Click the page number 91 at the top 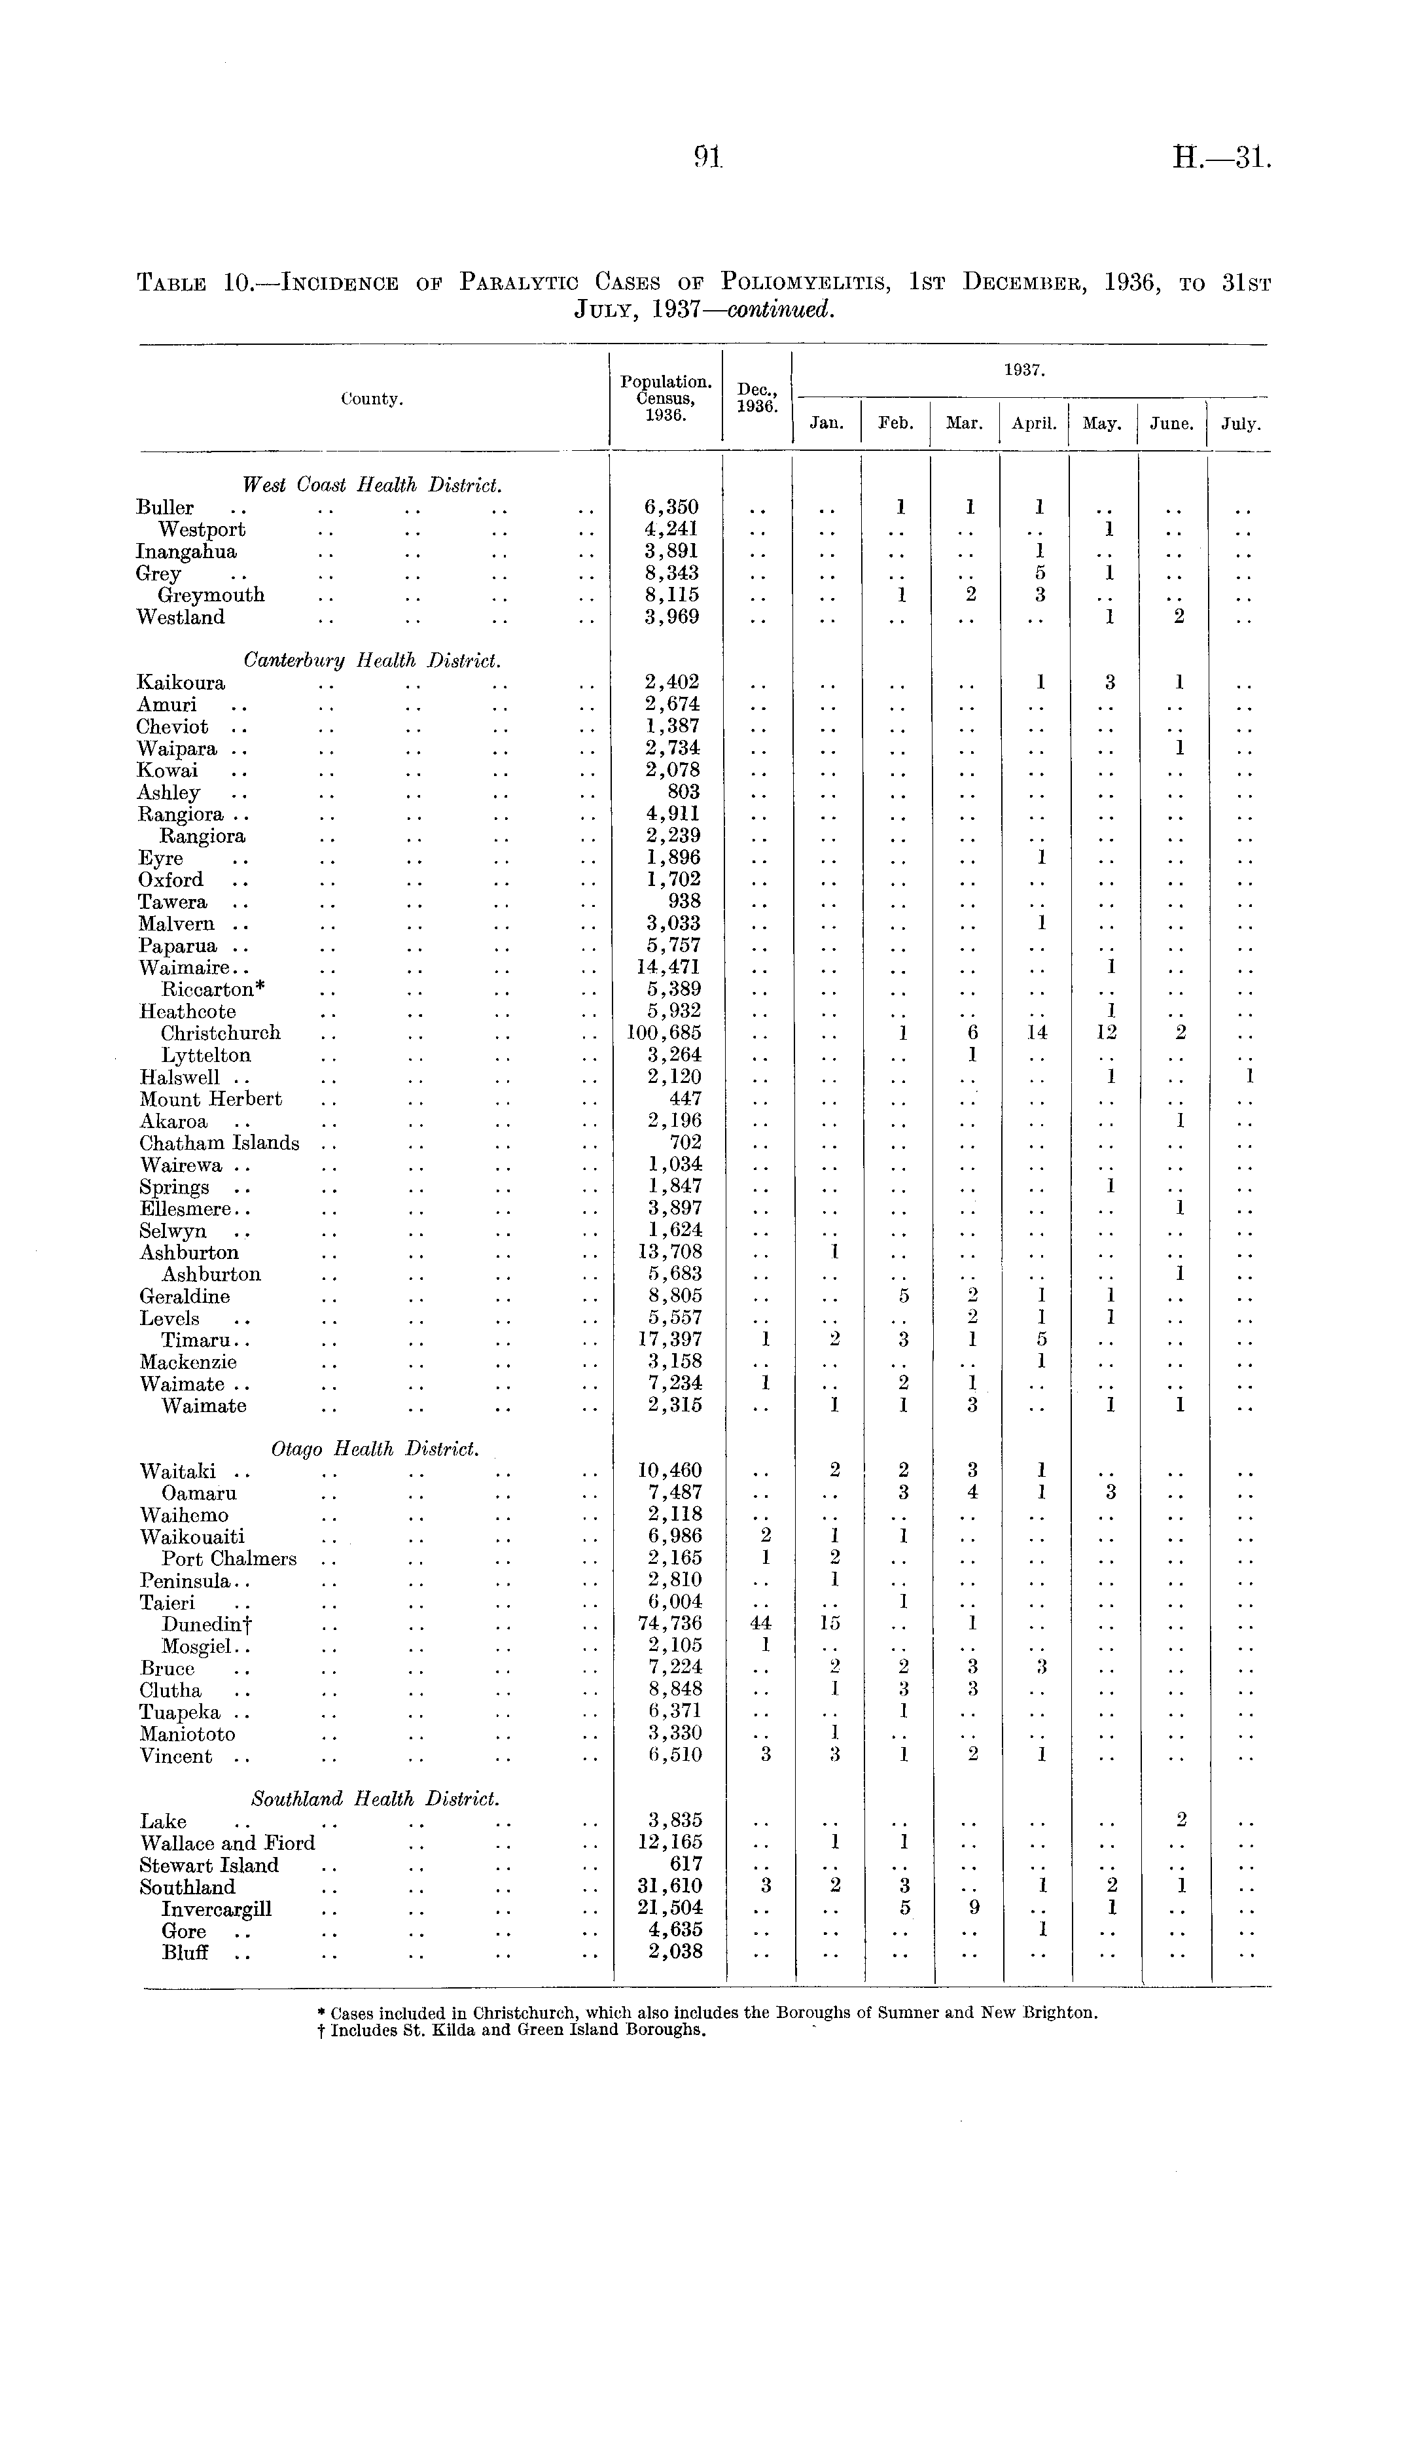(709, 158)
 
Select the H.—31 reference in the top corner (1220, 158)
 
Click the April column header (1033, 423)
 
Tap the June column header (1171, 423)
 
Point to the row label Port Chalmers (229, 1558)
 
